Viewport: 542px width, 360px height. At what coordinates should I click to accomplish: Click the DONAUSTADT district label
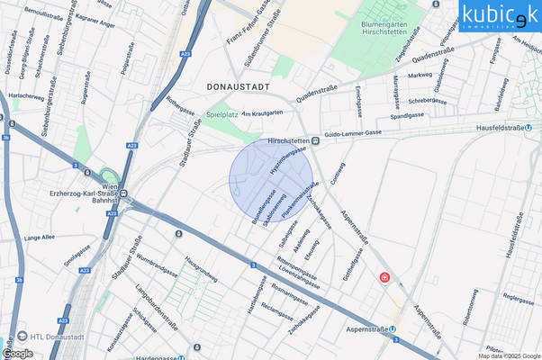(x=239, y=85)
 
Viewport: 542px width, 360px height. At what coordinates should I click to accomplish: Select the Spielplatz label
(x=221, y=115)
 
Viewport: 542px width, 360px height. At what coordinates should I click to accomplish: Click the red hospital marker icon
(x=386, y=279)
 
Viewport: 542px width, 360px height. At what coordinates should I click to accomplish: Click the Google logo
(x=18, y=353)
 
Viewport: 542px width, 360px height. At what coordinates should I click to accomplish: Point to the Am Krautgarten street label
(x=262, y=112)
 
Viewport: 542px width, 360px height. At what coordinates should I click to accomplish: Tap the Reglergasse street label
(x=519, y=295)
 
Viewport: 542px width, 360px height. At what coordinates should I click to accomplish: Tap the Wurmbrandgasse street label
(x=157, y=266)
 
